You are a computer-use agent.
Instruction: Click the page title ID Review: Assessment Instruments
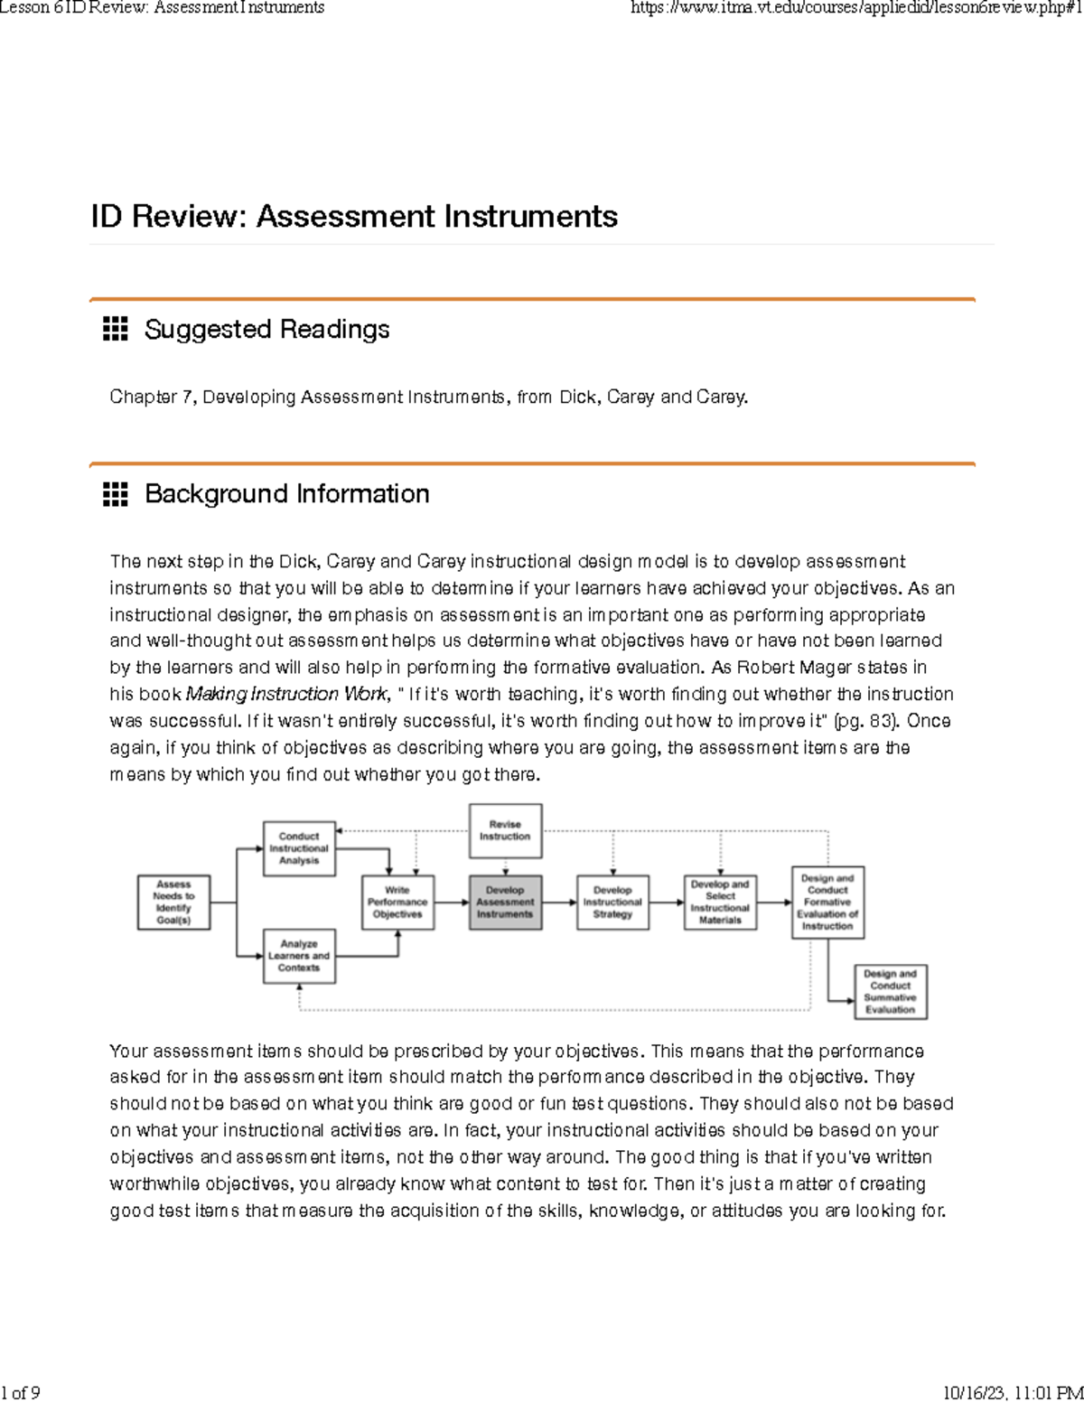coord(354,217)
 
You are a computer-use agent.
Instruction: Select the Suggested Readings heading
coord(266,330)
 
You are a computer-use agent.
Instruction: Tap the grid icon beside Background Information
coord(115,494)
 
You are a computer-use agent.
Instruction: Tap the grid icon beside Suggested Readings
coord(115,330)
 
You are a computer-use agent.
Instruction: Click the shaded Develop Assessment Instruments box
coord(505,902)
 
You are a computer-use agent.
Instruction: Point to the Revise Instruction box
coord(505,830)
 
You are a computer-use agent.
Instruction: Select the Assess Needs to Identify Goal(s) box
coord(173,902)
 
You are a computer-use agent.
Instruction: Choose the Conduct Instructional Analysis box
coord(299,848)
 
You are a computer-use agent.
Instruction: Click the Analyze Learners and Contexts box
coord(299,956)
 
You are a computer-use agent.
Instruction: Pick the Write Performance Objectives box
coord(397,902)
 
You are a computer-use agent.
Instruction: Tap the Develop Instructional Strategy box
coord(612,902)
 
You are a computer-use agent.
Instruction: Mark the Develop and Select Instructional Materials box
coord(720,902)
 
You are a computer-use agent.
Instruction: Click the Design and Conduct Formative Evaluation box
coord(827,902)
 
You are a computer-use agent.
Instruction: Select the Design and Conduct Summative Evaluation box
coord(890,991)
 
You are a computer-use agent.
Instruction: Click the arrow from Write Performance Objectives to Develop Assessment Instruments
coord(452,902)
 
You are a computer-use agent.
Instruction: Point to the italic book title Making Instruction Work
coord(286,695)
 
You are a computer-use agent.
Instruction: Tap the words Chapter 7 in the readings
coord(152,398)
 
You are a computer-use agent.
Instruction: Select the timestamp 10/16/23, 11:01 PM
coord(1012,1392)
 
